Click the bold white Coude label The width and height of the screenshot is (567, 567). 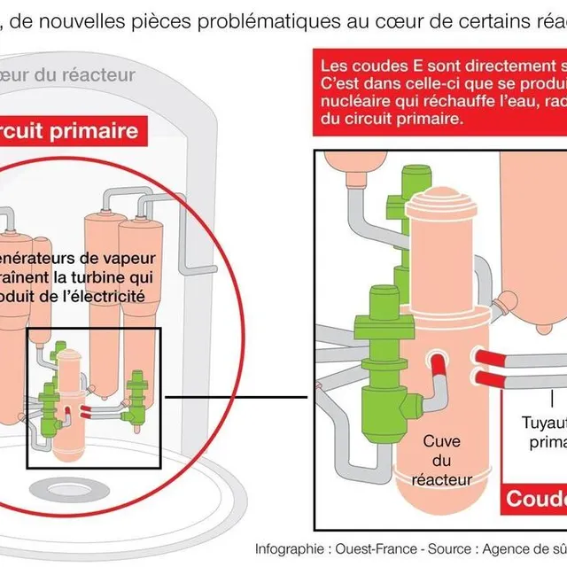pyautogui.click(x=535, y=499)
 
